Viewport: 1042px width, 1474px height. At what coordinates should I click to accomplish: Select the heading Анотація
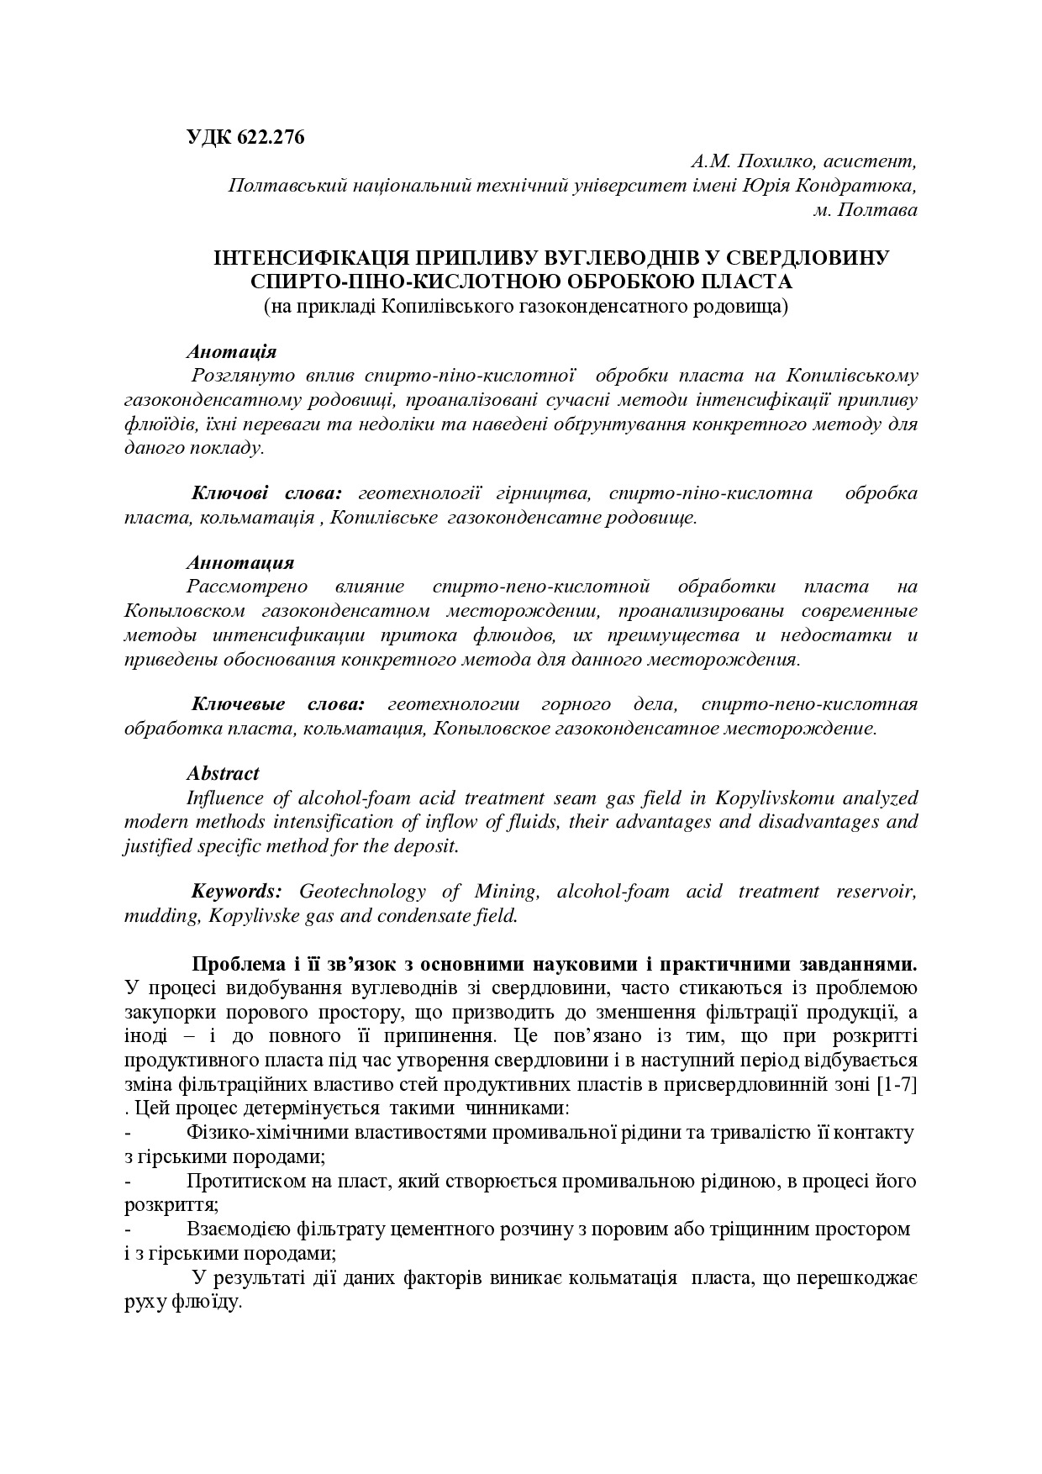(231, 351)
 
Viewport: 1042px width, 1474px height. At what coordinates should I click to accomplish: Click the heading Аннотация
(239, 562)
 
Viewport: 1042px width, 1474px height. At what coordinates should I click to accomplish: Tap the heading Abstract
(223, 773)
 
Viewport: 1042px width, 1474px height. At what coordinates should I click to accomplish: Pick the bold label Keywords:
(236, 891)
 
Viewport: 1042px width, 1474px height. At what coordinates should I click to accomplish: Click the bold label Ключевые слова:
(278, 703)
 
